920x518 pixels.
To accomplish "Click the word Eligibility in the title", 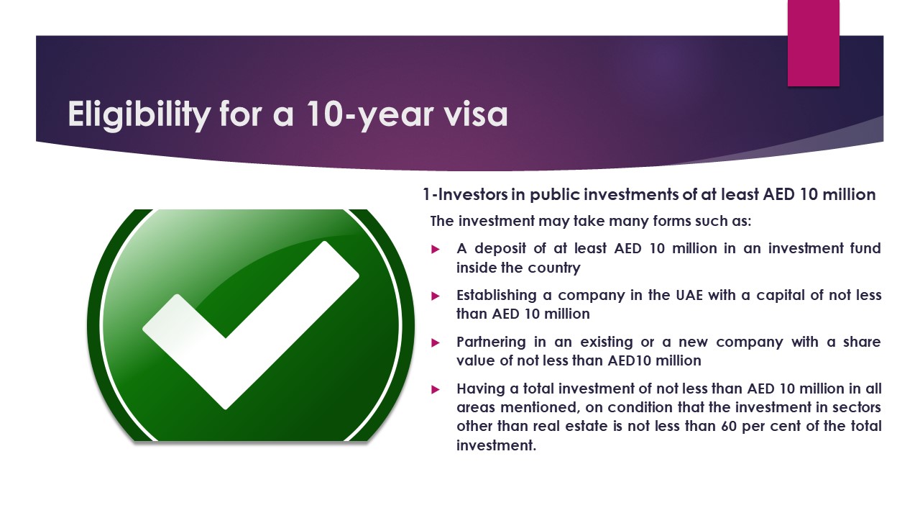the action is pyautogui.click(x=139, y=114).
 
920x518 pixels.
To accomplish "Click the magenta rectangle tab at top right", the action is pyautogui.click(x=813, y=43).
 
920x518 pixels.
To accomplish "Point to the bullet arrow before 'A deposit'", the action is pyautogui.click(x=436, y=249).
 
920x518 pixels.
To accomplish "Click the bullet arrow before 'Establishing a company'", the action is pyautogui.click(x=436, y=296).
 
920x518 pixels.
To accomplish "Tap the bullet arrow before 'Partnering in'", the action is pyautogui.click(x=436, y=343).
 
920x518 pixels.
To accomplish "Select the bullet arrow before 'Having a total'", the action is pyautogui.click(x=436, y=389).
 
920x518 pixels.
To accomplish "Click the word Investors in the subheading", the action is pyautogui.click(x=473, y=194).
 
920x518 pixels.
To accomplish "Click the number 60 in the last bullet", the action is pyautogui.click(x=729, y=426).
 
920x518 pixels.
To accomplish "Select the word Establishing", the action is pyautogui.click(x=497, y=296).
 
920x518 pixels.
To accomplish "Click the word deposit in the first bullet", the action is pyautogui.click(x=500, y=249).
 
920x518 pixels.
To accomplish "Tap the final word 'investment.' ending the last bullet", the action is pyautogui.click(x=496, y=445).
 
